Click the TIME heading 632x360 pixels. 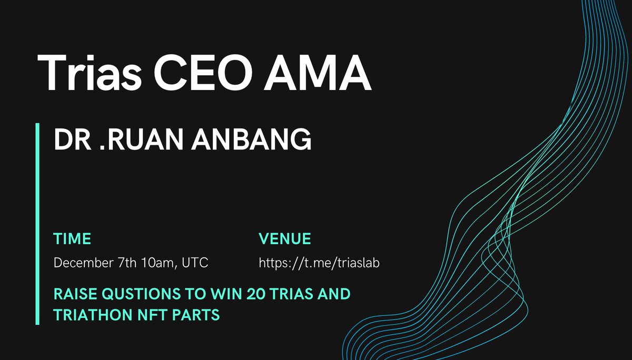pos(72,239)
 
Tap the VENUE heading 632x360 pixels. pos(285,239)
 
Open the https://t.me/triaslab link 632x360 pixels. pos(319,263)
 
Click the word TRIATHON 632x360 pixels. pos(87,315)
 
